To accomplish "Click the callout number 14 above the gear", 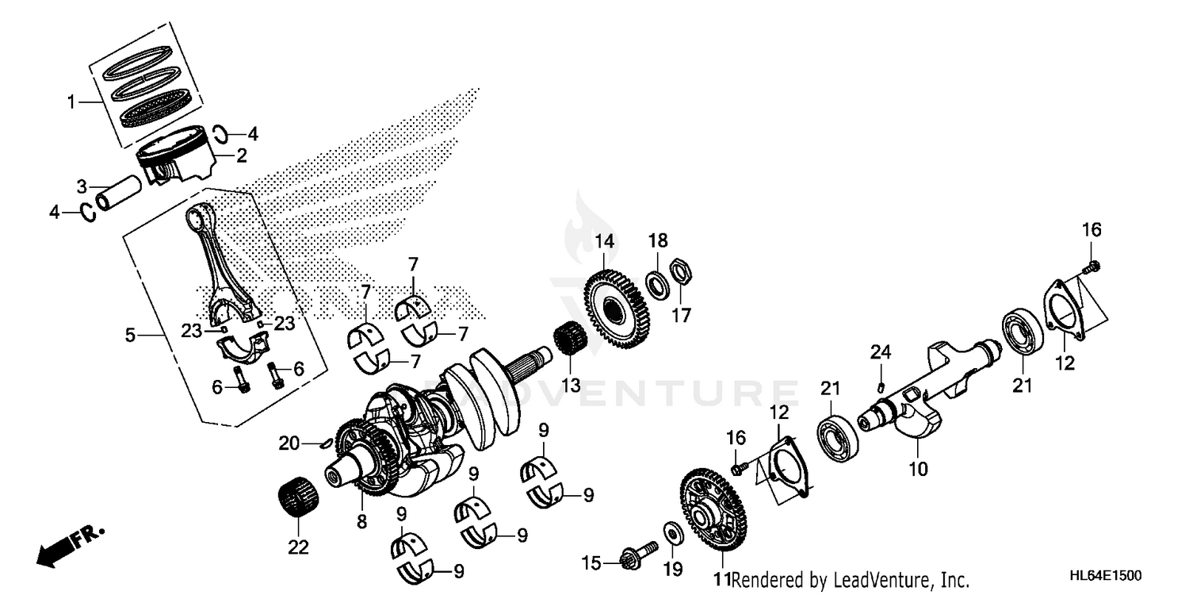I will tap(605, 240).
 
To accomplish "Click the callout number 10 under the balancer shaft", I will tap(918, 470).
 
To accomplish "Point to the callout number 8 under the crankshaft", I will tap(361, 522).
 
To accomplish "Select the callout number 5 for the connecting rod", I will tap(130, 336).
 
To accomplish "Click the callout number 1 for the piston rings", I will tap(71, 102).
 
